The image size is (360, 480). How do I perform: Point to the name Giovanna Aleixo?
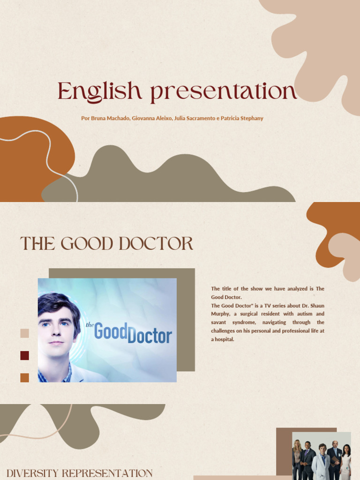pos(151,118)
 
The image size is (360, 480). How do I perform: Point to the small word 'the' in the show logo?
pos(90,324)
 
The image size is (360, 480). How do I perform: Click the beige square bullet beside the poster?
pos(24,333)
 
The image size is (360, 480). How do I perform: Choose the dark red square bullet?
pos(24,355)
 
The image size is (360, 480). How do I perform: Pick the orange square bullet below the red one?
pos(24,377)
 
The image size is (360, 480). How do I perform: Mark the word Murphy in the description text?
pos(220,314)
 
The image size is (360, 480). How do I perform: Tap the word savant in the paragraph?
pos(219,322)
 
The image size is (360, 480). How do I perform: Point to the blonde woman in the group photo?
pos(297,457)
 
